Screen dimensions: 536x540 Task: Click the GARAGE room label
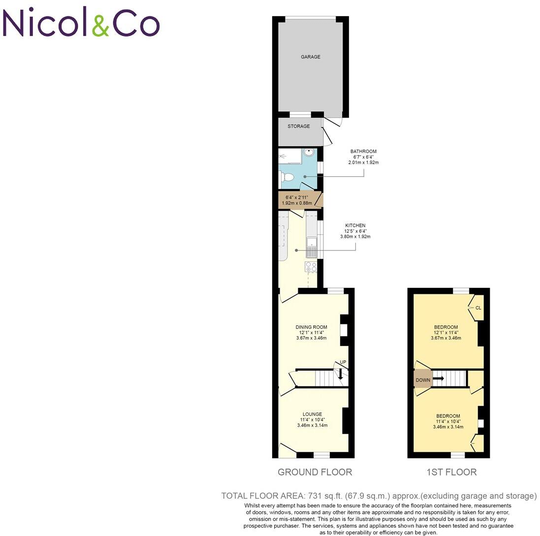click(x=311, y=57)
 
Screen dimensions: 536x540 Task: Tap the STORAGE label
click(x=299, y=126)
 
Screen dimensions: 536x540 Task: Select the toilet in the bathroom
click(x=288, y=177)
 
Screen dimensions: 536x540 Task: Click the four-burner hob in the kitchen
click(x=311, y=267)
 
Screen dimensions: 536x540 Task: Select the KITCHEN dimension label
click(x=355, y=231)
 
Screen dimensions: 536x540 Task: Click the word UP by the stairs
click(x=343, y=362)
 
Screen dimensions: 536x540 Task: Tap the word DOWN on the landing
click(x=423, y=380)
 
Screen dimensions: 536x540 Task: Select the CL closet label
click(x=478, y=308)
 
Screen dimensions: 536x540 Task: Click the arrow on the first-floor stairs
click(x=439, y=378)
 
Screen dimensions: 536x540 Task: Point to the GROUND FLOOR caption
click(x=315, y=473)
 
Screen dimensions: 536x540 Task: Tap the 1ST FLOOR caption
click(x=451, y=473)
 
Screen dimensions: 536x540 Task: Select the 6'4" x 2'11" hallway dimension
click(x=295, y=200)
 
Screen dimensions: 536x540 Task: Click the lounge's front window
click(x=321, y=455)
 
